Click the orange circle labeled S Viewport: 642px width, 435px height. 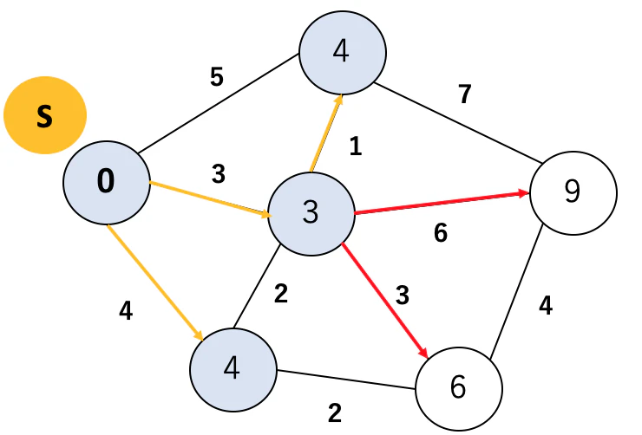45,115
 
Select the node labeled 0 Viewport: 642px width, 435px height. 107,182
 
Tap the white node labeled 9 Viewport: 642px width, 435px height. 573,192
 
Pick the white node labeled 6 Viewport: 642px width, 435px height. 459,388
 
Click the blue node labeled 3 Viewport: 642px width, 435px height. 311,214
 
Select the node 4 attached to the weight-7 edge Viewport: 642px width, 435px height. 343,53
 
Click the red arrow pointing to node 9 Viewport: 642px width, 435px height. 442,203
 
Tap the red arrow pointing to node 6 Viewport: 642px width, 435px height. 384,301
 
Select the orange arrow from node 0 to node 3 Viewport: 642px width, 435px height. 210,198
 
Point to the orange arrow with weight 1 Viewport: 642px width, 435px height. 326,133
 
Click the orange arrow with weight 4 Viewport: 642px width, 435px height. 155,282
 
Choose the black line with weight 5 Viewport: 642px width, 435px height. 218,104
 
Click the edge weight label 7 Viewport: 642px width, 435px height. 465,94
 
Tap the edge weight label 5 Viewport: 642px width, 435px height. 217,76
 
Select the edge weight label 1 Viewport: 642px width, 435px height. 356,146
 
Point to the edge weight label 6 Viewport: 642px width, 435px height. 441,233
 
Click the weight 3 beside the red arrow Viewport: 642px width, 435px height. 403,295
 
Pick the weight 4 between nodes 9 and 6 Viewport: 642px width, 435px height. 546,305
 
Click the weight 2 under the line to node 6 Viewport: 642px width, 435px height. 335,413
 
